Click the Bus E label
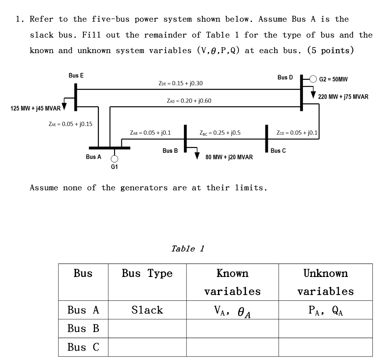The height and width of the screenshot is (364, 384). click(76, 76)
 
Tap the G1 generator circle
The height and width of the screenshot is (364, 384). click(114, 159)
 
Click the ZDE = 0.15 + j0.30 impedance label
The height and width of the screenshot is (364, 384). click(181, 83)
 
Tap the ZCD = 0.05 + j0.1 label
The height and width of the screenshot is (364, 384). click(297, 133)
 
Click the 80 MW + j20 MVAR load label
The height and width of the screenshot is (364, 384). click(229, 157)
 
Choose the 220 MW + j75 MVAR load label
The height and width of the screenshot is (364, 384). click(343, 97)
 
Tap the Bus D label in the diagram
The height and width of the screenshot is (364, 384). click(285, 78)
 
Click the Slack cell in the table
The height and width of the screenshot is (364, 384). click(147, 309)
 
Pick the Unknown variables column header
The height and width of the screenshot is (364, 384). click(325, 282)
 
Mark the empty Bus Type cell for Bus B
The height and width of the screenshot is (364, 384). click(147, 329)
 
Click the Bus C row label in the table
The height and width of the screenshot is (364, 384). click(83, 347)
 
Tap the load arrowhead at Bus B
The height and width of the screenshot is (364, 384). click(197, 156)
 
